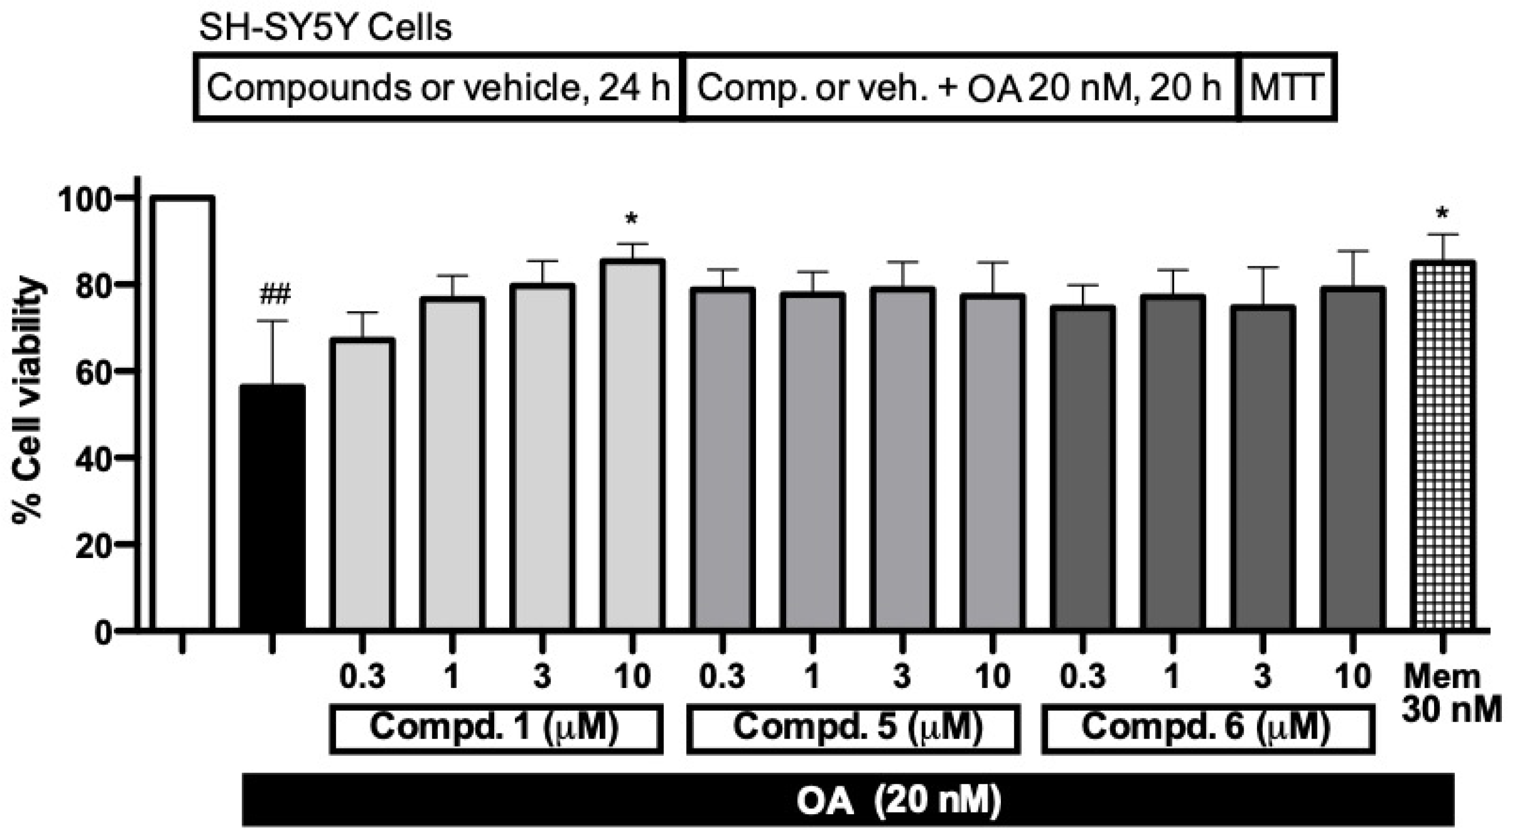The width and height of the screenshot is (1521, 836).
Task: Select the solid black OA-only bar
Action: [272, 508]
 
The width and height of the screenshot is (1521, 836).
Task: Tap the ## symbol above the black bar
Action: [275, 295]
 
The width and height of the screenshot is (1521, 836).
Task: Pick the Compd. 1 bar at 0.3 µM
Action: [362, 484]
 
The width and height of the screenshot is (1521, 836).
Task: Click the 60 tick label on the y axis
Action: [95, 371]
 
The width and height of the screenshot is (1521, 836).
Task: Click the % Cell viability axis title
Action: [28, 402]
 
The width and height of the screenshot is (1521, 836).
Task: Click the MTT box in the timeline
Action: [1287, 87]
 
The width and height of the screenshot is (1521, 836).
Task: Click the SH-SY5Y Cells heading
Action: [326, 28]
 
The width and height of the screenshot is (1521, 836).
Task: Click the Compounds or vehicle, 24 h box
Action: [438, 87]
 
